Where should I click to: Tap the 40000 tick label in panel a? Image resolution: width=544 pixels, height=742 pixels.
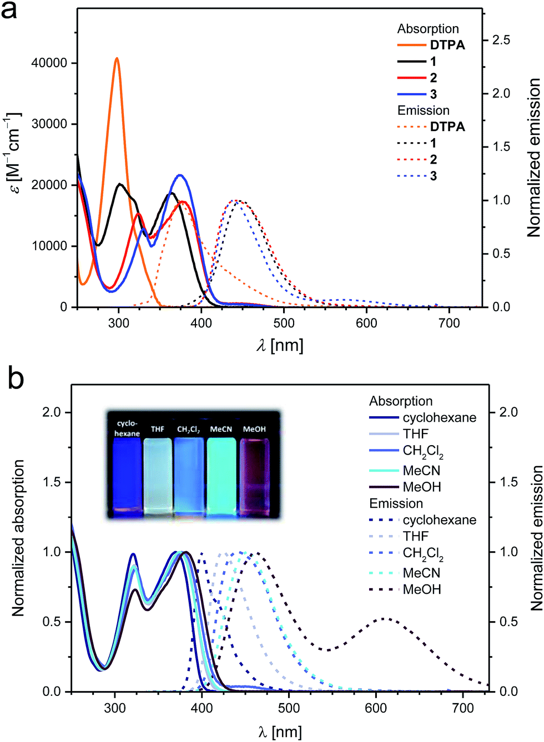coord(48,63)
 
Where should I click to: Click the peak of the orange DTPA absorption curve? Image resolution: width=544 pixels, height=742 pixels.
coord(117,58)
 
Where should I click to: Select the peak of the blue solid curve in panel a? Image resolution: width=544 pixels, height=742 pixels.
coord(180,175)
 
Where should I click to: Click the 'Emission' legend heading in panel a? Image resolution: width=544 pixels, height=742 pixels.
coord(423,110)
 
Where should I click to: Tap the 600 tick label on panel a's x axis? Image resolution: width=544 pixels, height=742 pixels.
coord(366,322)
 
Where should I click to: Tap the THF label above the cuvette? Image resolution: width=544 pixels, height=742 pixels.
coord(157,430)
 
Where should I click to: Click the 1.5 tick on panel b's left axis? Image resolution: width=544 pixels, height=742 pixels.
coord(53,482)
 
